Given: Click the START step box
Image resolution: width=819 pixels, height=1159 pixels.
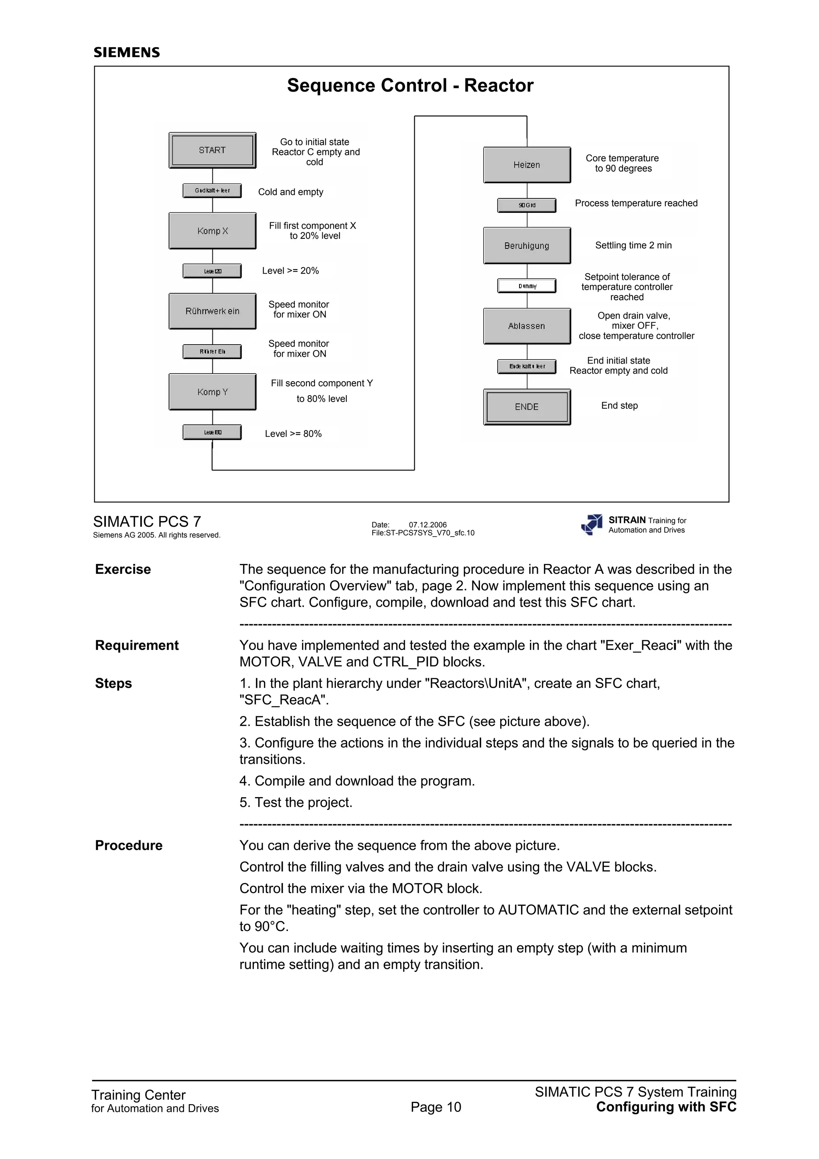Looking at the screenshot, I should point(212,150).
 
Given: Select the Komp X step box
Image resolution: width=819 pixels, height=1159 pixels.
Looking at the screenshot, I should point(212,231).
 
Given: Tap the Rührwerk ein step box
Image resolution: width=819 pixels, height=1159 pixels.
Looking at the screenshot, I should point(212,311).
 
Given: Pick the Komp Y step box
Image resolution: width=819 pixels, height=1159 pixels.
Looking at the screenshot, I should point(212,392).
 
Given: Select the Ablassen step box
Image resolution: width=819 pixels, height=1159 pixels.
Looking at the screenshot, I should point(527,326).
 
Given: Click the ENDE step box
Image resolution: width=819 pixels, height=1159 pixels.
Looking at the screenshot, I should point(527,407).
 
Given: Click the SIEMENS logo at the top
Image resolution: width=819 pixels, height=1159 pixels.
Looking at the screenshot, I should point(127,52).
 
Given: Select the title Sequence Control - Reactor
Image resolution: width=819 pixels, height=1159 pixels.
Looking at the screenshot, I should point(410,85).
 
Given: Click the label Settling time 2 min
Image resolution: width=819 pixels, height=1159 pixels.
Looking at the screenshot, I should point(633,245).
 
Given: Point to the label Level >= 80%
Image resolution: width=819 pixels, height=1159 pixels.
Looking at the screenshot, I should point(293,434).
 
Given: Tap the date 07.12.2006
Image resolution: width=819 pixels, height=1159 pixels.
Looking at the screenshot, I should point(427,524).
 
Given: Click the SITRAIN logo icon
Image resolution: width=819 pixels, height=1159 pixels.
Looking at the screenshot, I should point(592,524).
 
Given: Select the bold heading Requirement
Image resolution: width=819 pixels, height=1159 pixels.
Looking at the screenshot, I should point(137,645).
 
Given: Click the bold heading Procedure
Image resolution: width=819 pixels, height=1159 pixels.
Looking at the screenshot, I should point(129,845).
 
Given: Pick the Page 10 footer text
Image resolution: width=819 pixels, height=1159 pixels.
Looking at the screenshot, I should point(436,1107).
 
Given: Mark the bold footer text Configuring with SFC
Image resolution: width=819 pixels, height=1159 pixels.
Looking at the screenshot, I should point(666,1107).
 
